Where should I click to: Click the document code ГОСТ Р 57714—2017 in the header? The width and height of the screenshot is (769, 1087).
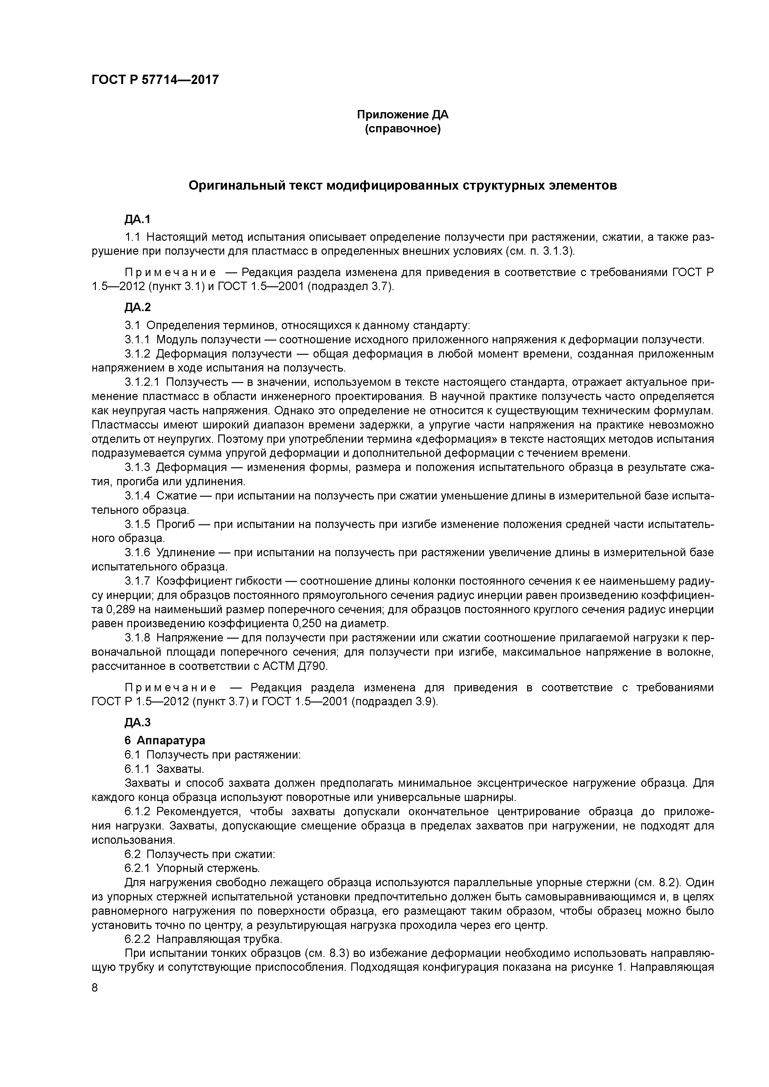[155, 80]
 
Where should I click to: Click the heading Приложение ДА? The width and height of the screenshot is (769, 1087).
[402, 115]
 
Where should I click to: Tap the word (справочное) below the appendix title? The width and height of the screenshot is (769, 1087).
[402, 129]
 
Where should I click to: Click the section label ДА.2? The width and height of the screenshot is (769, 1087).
[137, 307]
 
